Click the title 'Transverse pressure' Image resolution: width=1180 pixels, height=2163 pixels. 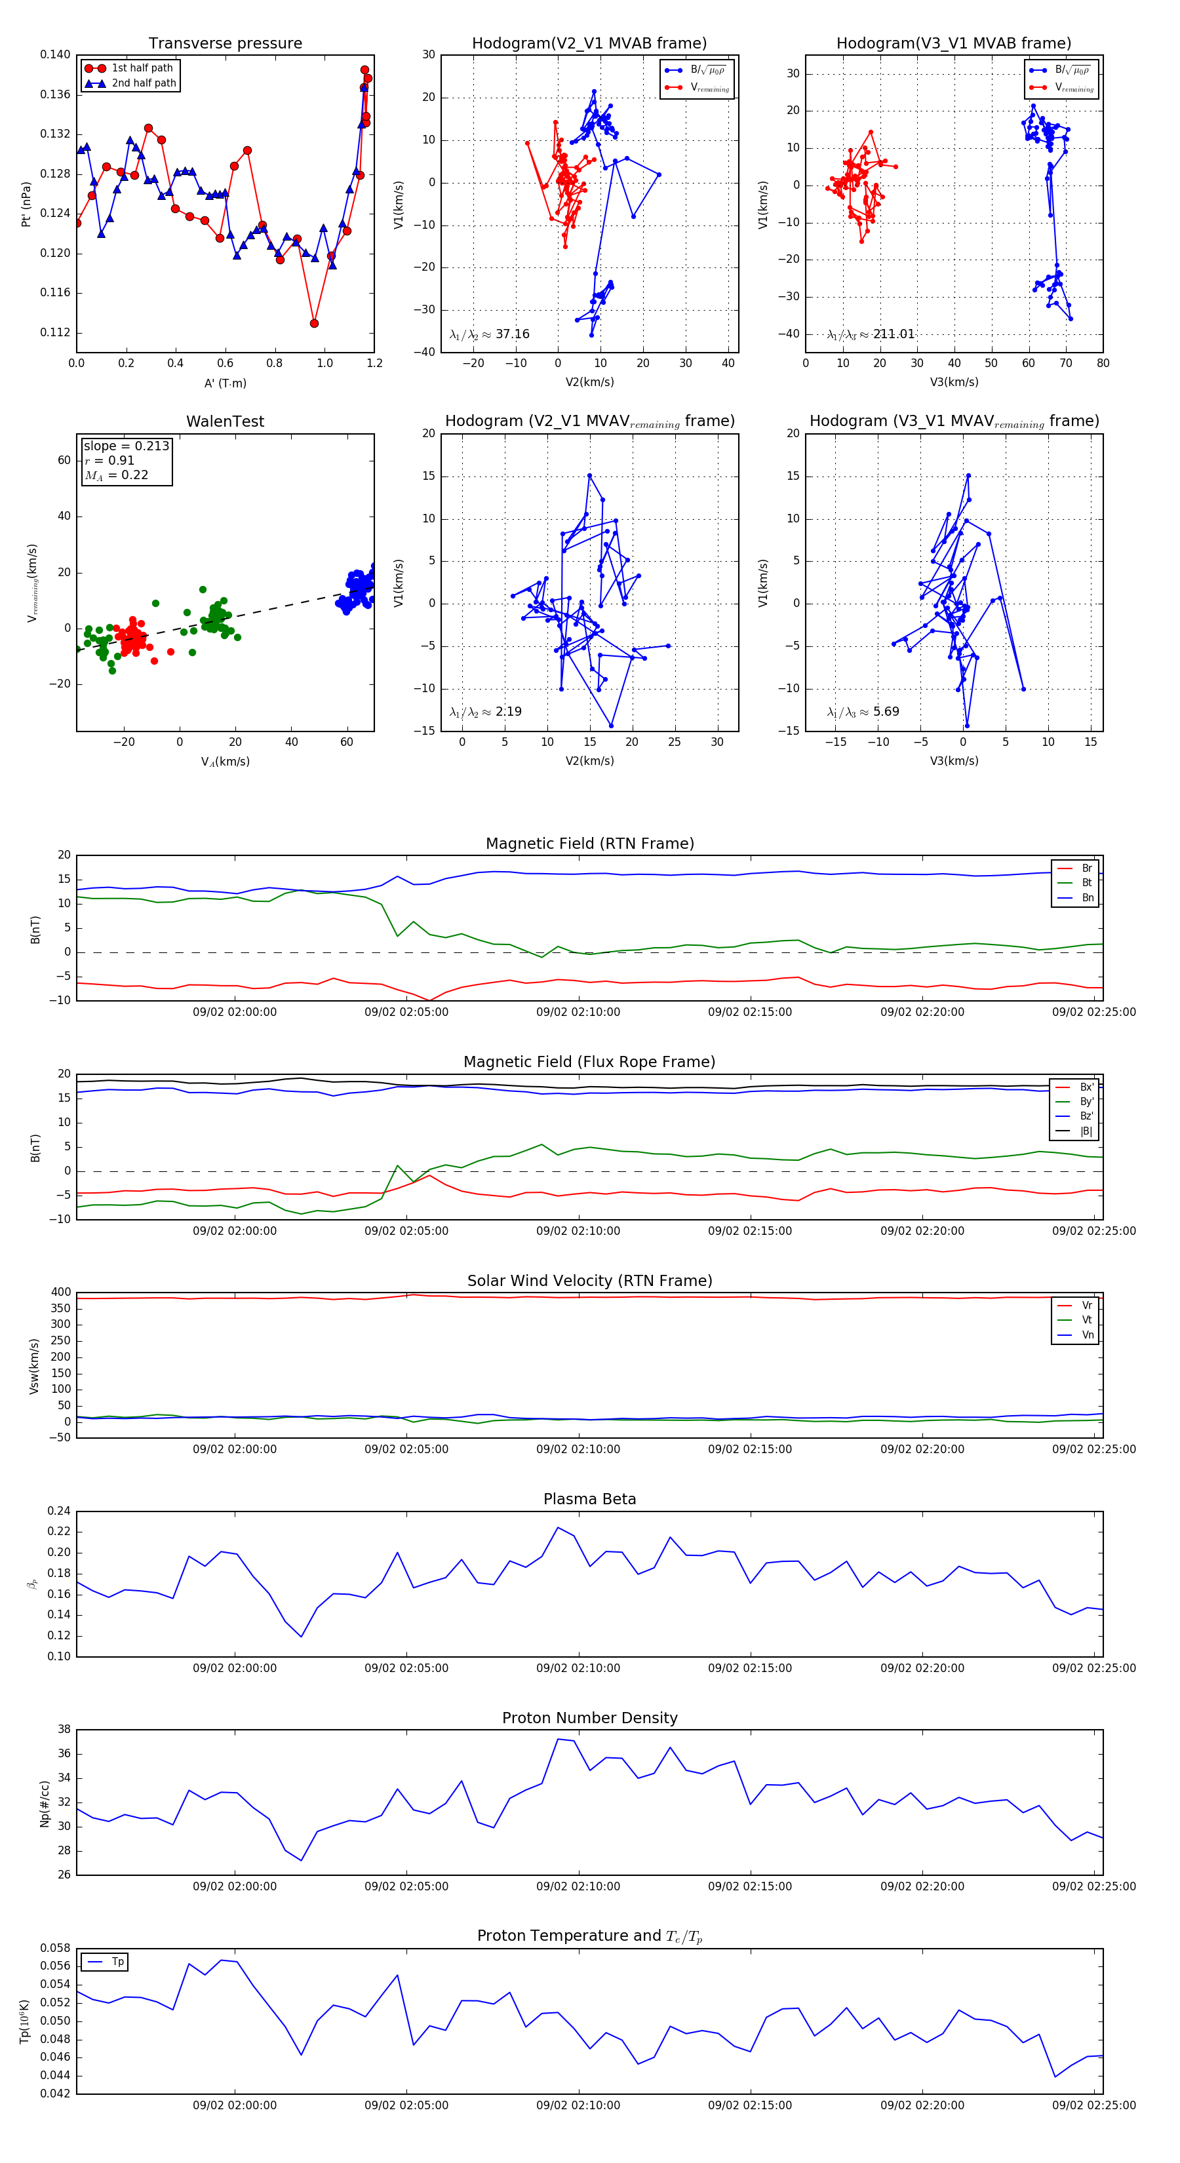tap(225, 44)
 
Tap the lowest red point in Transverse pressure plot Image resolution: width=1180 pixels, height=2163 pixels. tap(314, 323)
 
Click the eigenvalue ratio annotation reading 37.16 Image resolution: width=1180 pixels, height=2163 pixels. tap(490, 334)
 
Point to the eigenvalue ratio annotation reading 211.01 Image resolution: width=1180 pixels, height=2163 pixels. tap(871, 334)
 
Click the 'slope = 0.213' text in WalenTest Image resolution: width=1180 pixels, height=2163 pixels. tap(126, 446)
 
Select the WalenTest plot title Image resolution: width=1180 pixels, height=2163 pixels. tap(225, 421)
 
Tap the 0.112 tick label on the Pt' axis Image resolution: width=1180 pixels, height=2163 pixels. tap(56, 332)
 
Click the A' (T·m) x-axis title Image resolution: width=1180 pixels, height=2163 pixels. tap(225, 383)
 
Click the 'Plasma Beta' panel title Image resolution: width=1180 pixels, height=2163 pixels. tap(589, 1500)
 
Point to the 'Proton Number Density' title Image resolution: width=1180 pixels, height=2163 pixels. tap(589, 1718)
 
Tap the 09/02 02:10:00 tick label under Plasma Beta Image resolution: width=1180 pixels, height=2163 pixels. tap(578, 1668)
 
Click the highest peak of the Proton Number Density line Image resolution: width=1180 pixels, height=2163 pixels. tap(559, 1739)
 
